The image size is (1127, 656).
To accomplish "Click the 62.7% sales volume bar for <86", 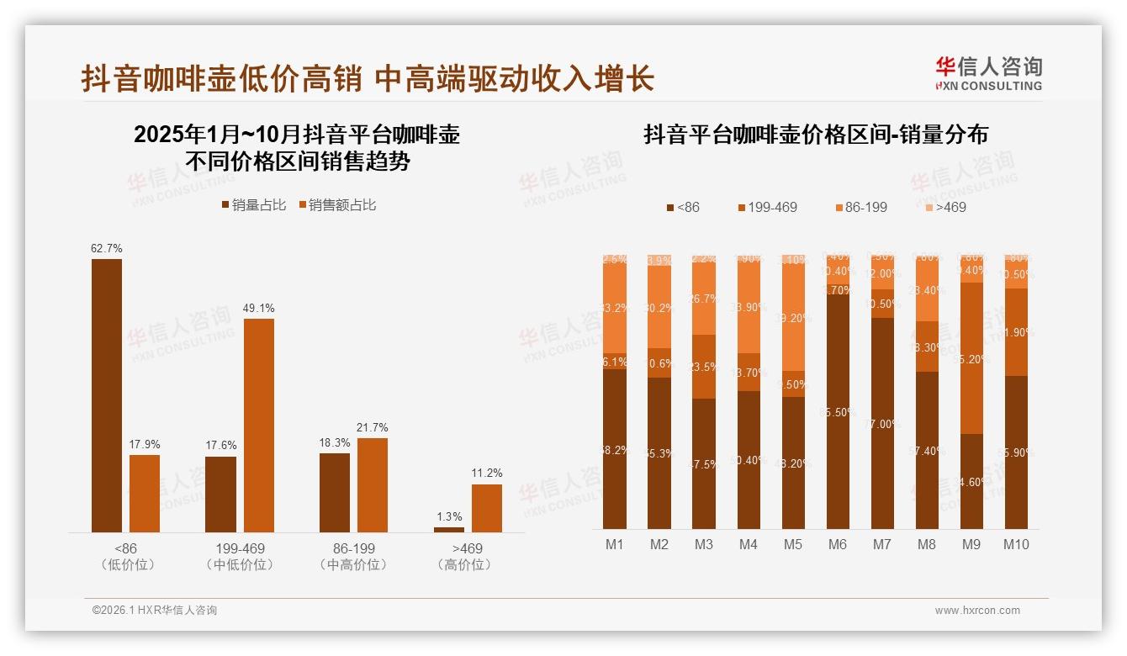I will (107, 395).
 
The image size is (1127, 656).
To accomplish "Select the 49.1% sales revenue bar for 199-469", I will (259, 425).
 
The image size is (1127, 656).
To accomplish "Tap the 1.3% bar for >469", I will (449, 529).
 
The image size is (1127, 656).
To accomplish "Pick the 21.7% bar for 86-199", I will (373, 484).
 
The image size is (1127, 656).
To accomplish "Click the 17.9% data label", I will (145, 444).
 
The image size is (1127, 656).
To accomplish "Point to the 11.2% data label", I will (487, 473).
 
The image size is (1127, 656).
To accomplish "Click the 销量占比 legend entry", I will (254, 204).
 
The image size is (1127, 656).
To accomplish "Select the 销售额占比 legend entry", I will (336, 204).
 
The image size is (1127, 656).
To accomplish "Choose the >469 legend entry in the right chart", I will (945, 207).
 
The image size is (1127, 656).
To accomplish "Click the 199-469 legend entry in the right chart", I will (767, 207).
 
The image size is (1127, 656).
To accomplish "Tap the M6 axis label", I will (837, 544).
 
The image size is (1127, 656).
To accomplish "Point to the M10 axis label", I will (1015, 544).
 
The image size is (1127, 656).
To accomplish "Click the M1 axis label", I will (615, 544).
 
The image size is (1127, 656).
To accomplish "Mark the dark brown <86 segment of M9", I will (971, 481).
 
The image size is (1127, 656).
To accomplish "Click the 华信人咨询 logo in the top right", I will (988, 73).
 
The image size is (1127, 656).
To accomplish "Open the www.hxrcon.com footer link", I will (977, 611).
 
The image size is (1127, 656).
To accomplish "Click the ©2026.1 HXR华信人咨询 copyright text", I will (155, 611).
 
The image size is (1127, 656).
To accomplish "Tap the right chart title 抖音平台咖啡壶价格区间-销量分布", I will (816, 135).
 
